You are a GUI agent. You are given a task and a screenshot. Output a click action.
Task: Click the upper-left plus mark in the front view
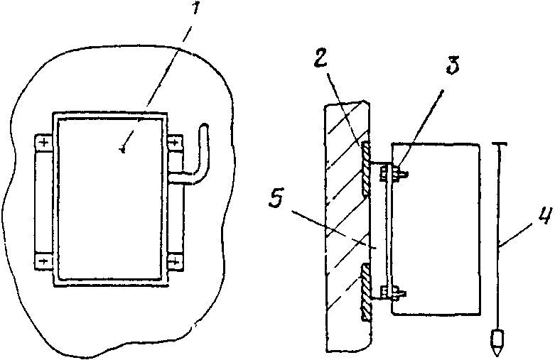pyautogui.click(x=44, y=144)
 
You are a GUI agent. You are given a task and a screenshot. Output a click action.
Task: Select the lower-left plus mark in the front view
pyautogui.click(x=44, y=261)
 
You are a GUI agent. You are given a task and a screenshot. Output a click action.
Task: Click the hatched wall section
pyautogui.click(x=345, y=227)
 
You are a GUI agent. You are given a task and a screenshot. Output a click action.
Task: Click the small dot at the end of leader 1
pyautogui.click(x=124, y=148)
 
